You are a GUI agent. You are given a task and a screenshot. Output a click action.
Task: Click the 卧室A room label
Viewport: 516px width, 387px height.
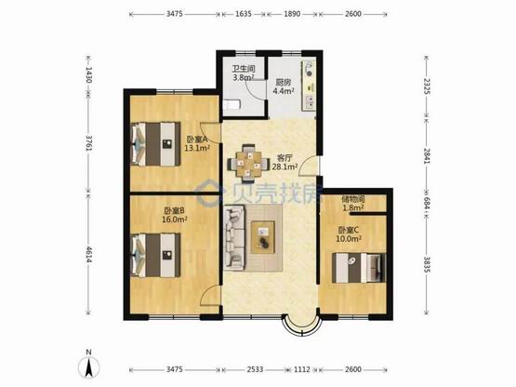click(x=197, y=144)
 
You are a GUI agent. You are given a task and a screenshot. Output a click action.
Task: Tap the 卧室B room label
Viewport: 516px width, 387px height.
click(x=175, y=215)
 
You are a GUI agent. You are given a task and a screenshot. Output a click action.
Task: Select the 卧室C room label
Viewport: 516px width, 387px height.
click(x=349, y=234)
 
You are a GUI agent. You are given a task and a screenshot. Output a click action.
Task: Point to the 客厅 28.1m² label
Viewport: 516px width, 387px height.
click(x=285, y=162)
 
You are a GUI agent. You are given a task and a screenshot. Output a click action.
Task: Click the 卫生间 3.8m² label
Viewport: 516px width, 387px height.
click(x=244, y=73)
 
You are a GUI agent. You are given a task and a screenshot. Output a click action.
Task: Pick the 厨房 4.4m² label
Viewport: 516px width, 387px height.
click(x=284, y=87)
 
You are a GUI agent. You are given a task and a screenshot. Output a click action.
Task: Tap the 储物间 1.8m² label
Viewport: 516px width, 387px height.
click(x=353, y=203)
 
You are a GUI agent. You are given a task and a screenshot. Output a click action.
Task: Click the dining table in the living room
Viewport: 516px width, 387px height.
click(x=248, y=163)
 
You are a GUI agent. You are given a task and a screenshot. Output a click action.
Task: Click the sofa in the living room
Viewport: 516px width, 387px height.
click(x=234, y=237)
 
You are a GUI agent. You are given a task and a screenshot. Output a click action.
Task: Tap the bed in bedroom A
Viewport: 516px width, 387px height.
click(x=155, y=144)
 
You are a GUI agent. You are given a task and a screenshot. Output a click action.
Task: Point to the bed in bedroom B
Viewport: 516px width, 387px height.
click(x=155, y=255)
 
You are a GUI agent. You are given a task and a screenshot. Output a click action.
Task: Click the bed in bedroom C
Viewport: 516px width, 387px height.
click(x=359, y=268)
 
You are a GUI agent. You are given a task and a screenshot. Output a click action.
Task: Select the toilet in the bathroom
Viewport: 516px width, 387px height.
click(x=232, y=105)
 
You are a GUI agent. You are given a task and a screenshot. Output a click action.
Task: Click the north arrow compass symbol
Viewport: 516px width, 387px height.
click(x=88, y=365)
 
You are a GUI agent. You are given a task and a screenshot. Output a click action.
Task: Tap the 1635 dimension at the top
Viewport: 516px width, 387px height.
click(x=244, y=14)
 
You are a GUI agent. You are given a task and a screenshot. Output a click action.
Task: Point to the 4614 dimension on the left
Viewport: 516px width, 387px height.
click(x=88, y=254)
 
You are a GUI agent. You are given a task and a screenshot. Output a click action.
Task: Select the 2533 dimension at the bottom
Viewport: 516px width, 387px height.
click(x=255, y=369)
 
